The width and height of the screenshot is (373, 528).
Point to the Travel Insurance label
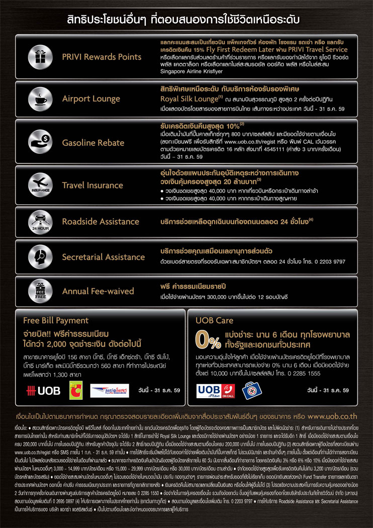[92, 186]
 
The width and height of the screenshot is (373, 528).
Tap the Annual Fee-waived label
[98, 291]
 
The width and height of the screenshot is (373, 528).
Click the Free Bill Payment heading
[56, 320]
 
